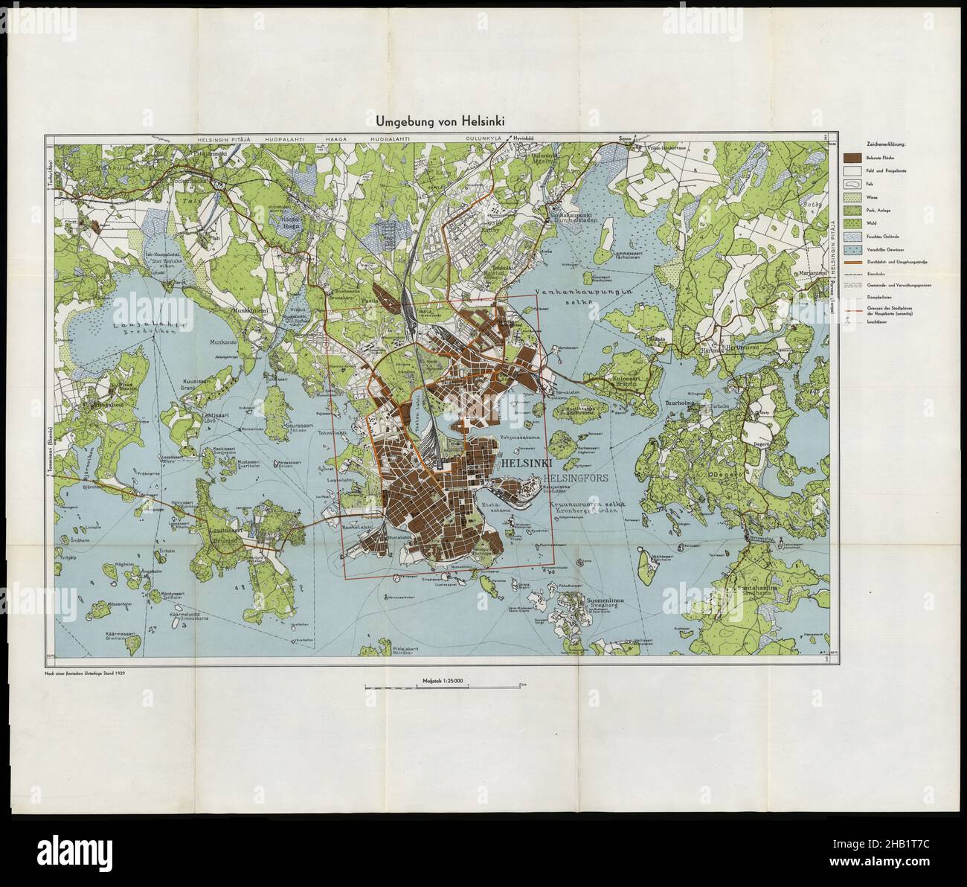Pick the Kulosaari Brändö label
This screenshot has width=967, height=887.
[x=629, y=380]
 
